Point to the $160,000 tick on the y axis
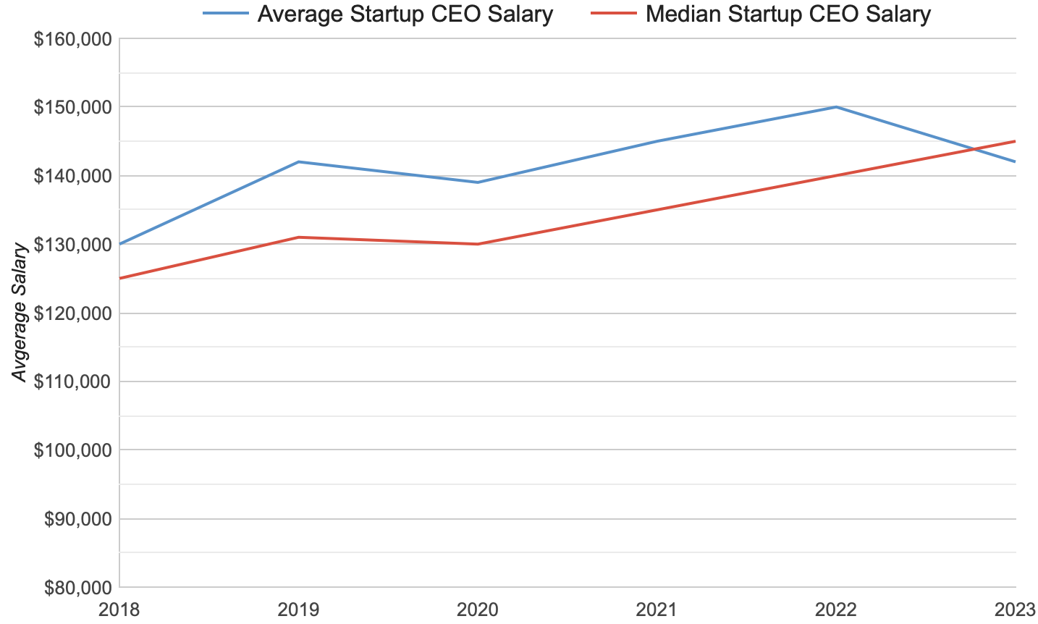(x=73, y=38)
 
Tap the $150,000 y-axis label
(x=73, y=107)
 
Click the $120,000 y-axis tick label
(x=73, y=313)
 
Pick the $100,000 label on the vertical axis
(x=73, y=450)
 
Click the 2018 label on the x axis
(x=119, y=610)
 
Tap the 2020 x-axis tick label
(x=477, y=610)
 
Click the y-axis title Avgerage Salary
(x=20, y=312)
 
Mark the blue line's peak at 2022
(x=836, y=107)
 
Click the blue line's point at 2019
(x=298, y=161)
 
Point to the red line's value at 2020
(x=477, y=244)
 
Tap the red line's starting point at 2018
(x=119, y=278)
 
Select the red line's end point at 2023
(x=1015, y=141)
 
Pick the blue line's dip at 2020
(x=477, y=182)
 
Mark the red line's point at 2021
(x=657, y=210)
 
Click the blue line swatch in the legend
(x=225, y=14)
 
